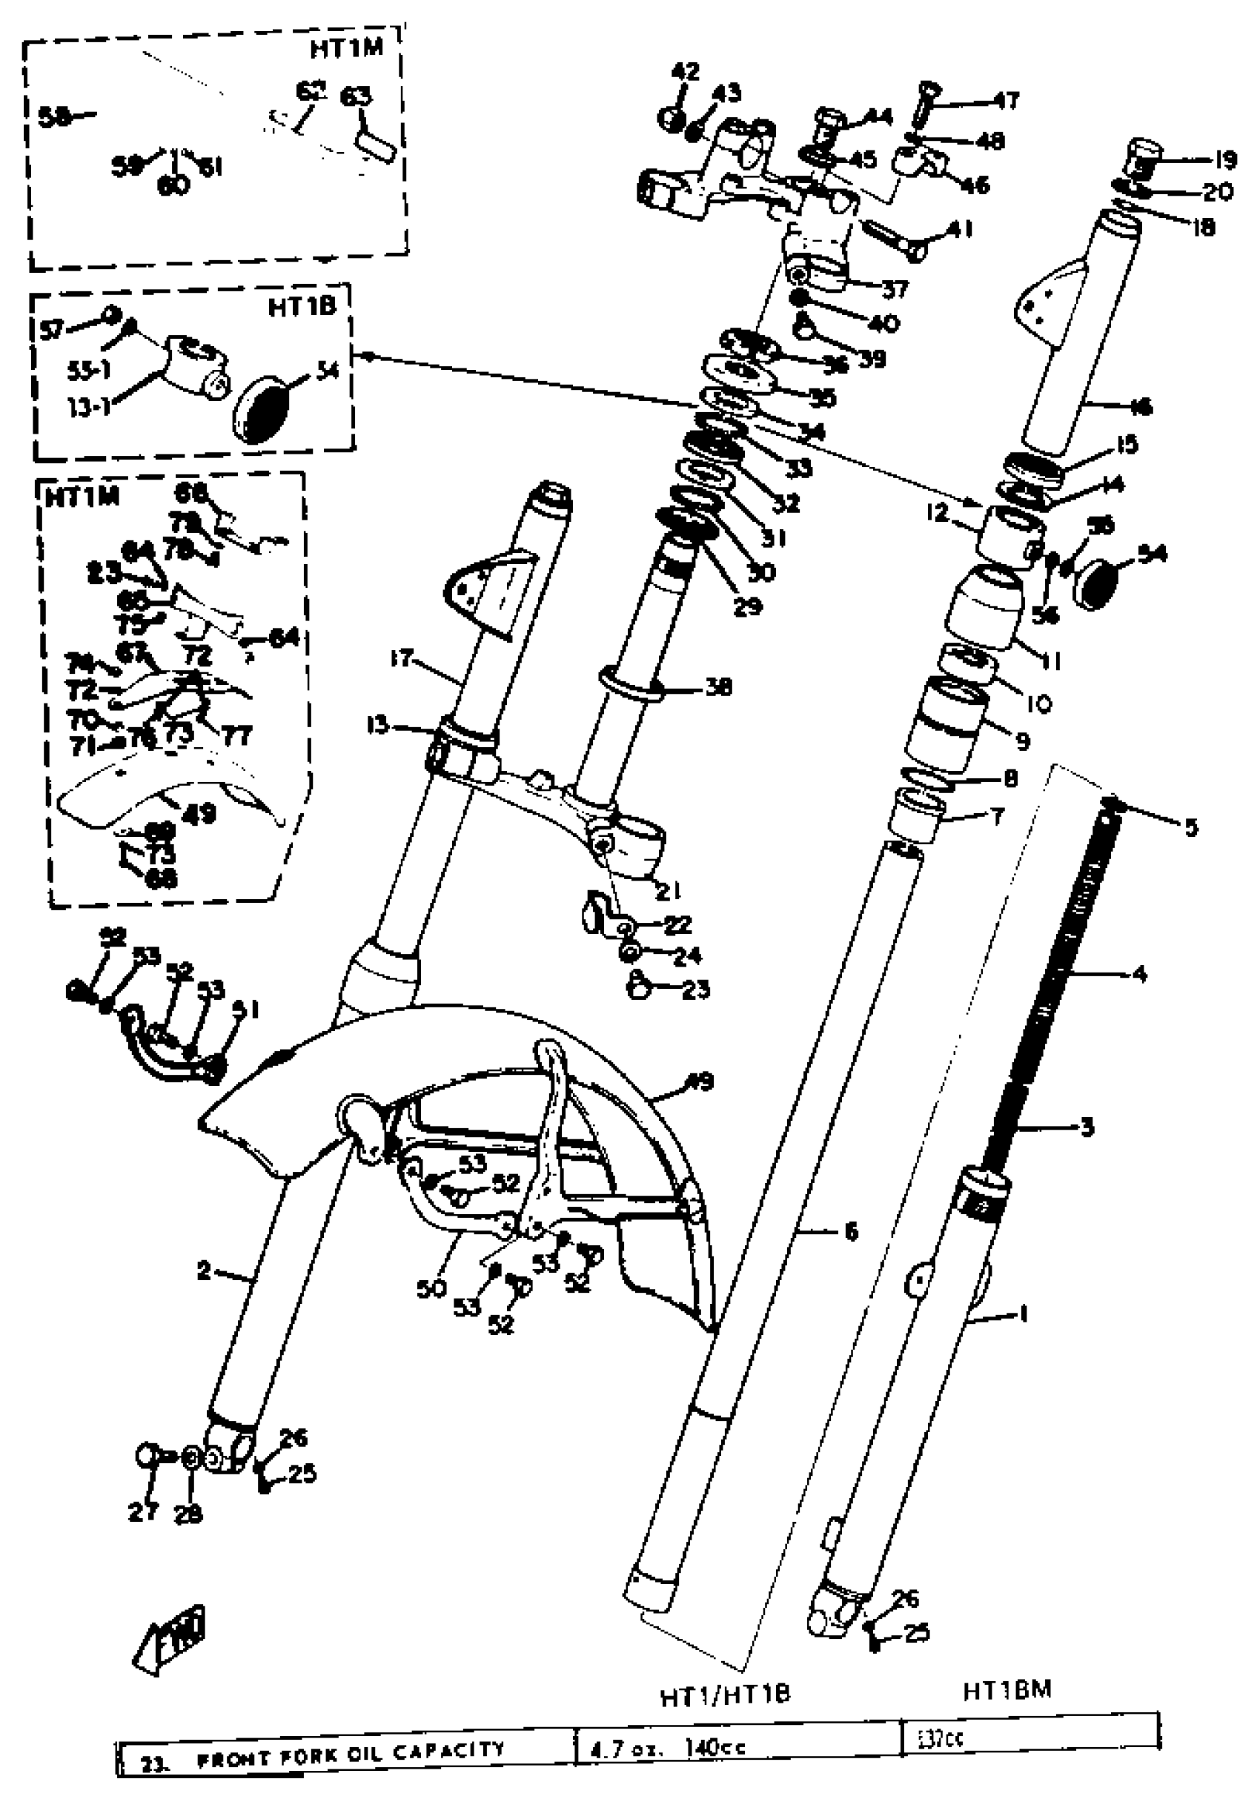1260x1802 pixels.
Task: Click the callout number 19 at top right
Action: pyautogui.click(x=1224, y=159)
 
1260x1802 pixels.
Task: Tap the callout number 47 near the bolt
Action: pyautogui.click(x=1007, y=101)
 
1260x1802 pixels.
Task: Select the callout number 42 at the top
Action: pyautogui.click(x=685, y=71)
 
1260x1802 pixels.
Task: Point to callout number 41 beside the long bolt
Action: pyautogui.click(x=960, y=229)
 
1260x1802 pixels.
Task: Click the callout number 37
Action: pyautogui.click(x=895, y=289)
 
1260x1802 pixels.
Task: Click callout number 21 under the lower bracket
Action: pyautogui.click(x=668, y=891)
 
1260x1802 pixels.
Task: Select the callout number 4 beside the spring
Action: pyautogui.click(x=1139, y=974)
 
